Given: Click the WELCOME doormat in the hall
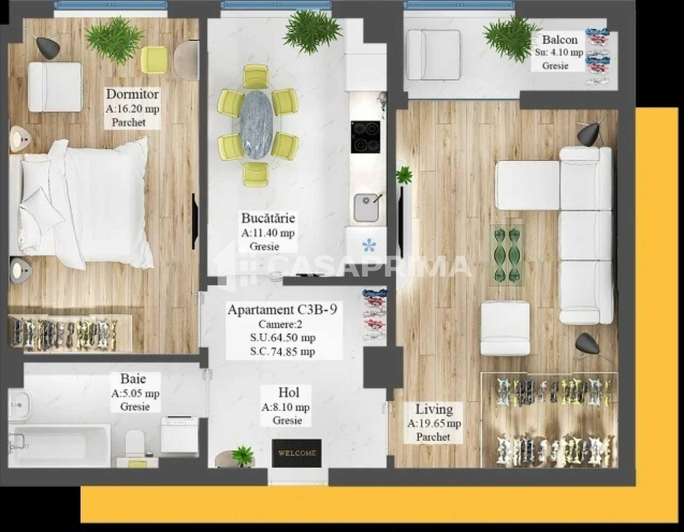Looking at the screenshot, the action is point(296,453).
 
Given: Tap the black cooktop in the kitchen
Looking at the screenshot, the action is point(365,137).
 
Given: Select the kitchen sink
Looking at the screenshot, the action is point(367,207).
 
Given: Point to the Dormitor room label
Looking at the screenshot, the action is point(132,94).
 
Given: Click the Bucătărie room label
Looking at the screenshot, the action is point(268,218).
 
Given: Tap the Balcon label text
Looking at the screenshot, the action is point(560,40).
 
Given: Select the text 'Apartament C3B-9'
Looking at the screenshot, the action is point(282,309).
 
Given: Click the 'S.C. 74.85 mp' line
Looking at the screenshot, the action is point(283,351).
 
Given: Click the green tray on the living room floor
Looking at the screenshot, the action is point(507,255).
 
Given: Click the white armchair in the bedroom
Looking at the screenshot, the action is point(55,87).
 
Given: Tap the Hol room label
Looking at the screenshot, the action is point(289,393).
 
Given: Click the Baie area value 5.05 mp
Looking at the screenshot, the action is point(135,393).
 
